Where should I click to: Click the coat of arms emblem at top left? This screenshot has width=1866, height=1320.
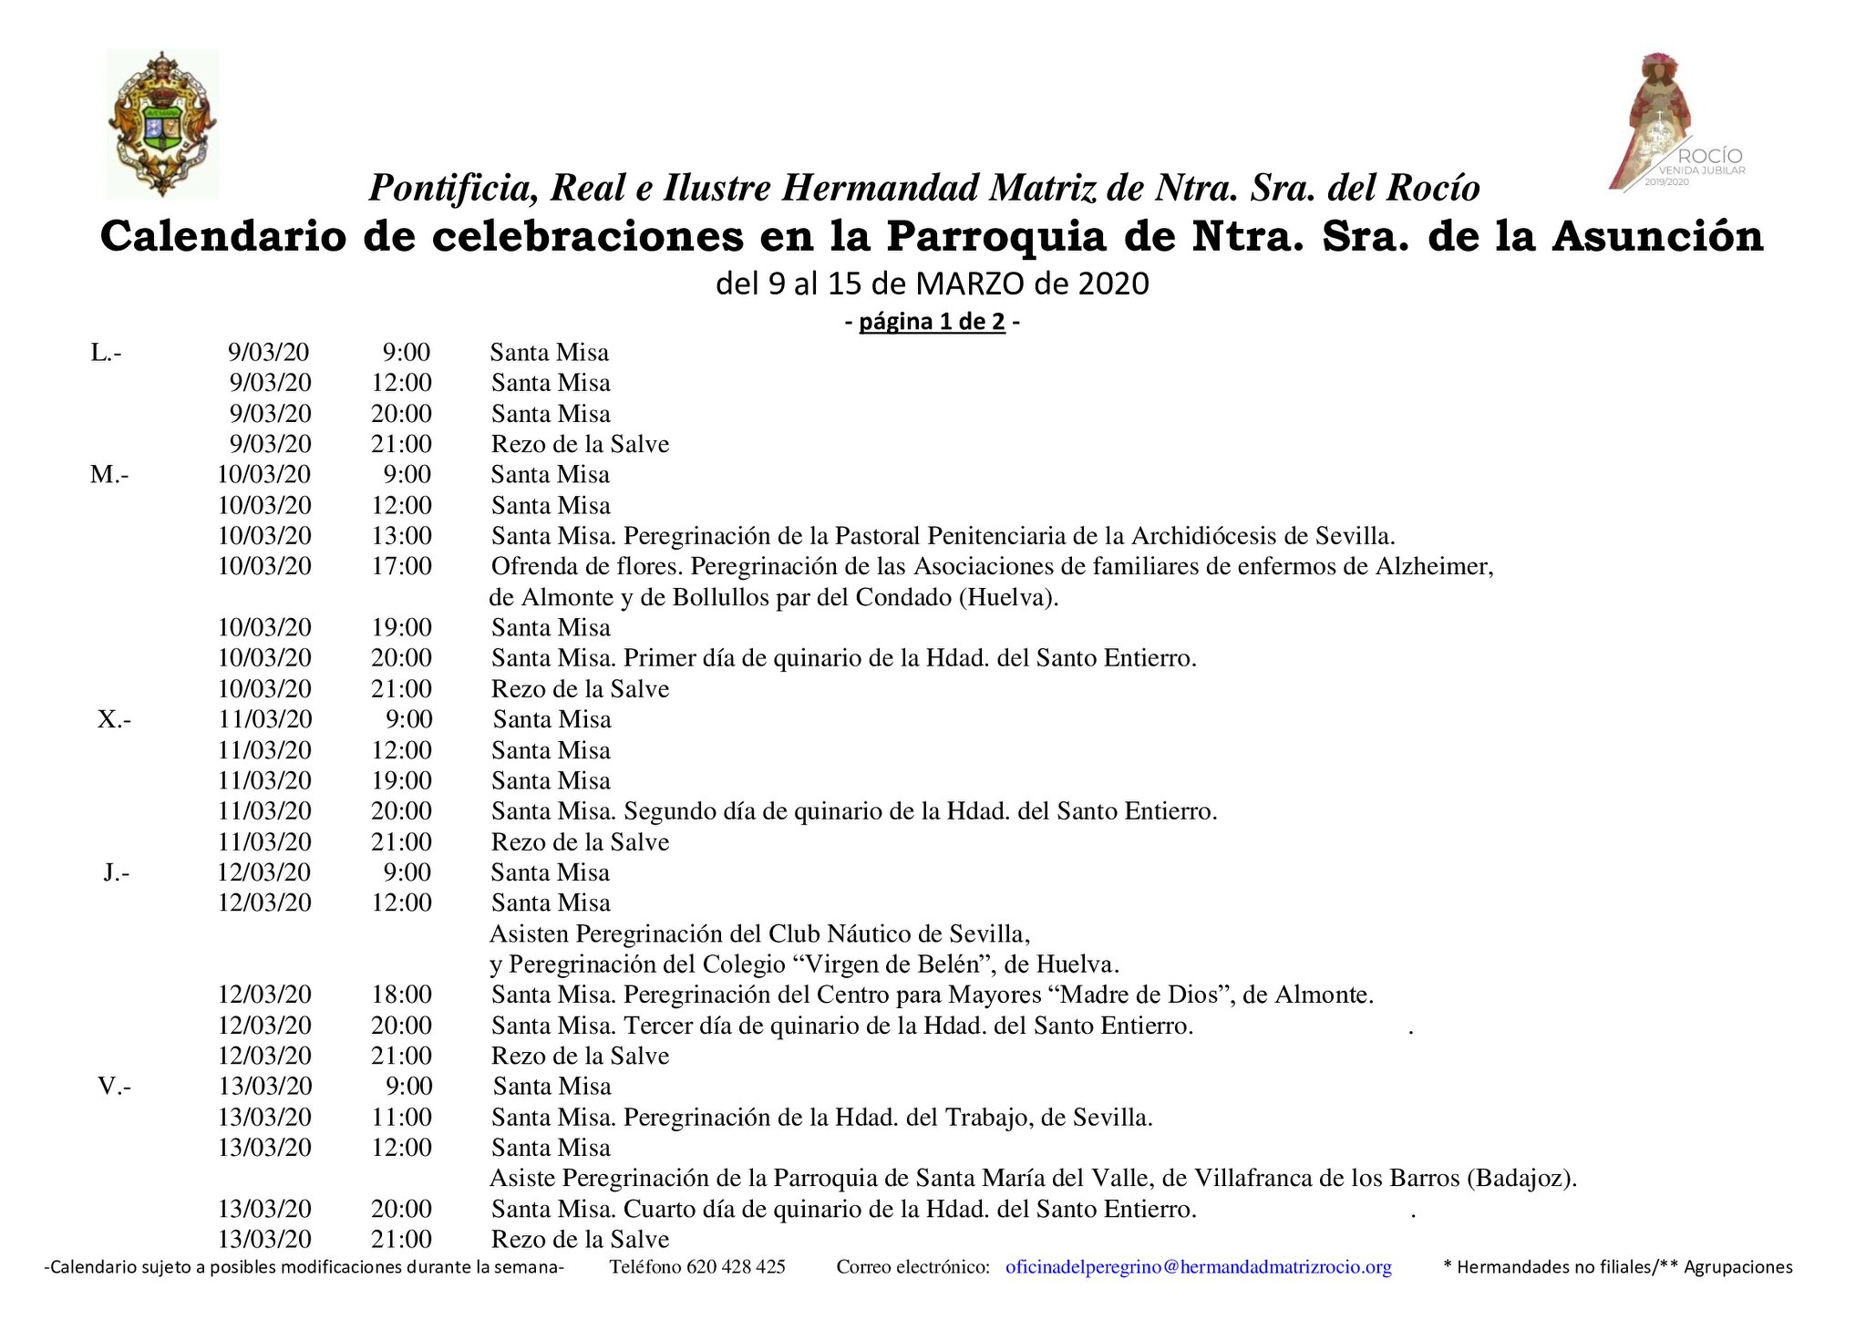[162, 124]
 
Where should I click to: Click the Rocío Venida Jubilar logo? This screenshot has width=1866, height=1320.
[1675, 123]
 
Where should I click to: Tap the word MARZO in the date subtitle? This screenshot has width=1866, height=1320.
[970, 284]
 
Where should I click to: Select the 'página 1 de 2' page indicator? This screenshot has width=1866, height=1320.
[932, 322]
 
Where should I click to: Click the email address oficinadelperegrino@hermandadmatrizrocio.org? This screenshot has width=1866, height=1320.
[1198, 1267]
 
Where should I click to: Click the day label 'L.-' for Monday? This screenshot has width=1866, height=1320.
[106, 353]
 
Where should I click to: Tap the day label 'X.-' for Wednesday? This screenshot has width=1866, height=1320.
[114, 720]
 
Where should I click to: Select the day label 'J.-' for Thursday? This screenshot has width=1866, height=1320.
[116, 873]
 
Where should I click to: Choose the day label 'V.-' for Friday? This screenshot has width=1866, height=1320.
[114, 1087]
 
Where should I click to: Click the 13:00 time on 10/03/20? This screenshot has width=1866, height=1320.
[401, 536]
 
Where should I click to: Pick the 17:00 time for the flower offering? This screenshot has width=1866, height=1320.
[401, 566]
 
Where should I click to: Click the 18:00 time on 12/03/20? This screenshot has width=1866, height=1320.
[401, 995]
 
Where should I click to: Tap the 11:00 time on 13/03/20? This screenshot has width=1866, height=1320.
[401, 1118]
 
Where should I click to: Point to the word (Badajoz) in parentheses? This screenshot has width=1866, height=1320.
[1521, 1179]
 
